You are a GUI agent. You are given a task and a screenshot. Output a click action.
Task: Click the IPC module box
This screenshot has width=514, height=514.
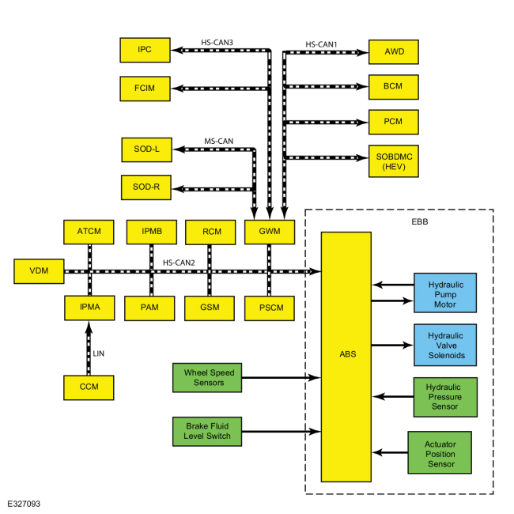[x=145, y=50]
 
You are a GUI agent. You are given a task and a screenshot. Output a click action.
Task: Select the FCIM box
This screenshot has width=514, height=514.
[x=145, y=89]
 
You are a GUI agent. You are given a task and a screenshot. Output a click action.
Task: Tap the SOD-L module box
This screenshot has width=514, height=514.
[x=146, y=149]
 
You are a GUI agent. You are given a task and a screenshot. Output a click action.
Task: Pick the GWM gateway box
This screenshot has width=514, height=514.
[x=270, y=232]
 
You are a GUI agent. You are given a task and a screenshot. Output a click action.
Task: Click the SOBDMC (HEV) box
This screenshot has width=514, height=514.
[x=393, y=161]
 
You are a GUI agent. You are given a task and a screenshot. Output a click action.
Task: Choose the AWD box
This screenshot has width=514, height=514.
[x=393, y=51]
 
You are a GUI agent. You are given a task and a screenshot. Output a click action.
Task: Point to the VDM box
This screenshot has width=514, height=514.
[x=39, y=271]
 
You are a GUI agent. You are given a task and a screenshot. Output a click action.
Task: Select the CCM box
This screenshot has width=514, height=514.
[x=89, y=387]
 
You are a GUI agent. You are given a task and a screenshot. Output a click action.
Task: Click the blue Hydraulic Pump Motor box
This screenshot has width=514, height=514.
[x=445, y=293]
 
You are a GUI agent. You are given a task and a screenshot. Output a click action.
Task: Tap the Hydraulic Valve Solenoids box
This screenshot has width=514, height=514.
[x=445, y=345]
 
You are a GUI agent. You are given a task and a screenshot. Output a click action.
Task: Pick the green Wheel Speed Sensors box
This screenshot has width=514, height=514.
[x=207, y=377]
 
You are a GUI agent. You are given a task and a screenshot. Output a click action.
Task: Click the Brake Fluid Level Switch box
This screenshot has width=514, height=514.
[x=207, y=432]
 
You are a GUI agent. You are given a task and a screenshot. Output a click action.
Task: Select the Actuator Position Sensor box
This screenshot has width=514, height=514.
[x=440, y=452]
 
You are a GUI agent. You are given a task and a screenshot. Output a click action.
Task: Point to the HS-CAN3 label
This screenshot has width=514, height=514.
[x=217, y=43]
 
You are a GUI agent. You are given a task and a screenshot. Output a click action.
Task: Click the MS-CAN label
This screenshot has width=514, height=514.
[x=218, y=142]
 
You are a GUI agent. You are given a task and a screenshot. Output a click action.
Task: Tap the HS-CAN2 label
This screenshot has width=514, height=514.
[x=179, y=263]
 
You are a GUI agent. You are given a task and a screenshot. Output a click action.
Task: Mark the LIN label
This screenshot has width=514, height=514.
[x=99, y=353]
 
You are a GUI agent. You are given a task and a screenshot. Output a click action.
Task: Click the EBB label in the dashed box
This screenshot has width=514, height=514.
[x=420, y=222]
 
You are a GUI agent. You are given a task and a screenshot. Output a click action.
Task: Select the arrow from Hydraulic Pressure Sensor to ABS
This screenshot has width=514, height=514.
[x=393, y=397]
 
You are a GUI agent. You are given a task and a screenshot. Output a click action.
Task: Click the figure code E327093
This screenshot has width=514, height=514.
[x=24, y=504]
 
